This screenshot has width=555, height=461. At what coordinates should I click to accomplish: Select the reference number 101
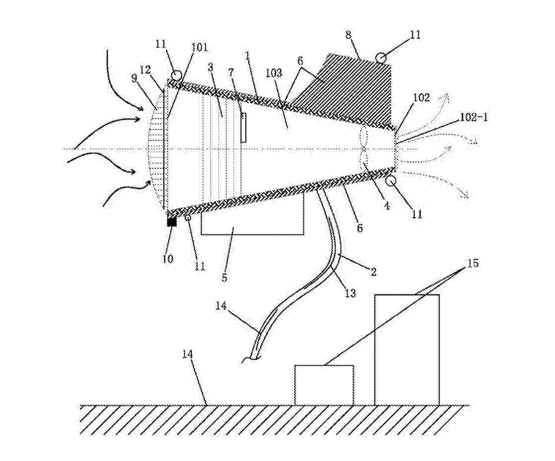200,48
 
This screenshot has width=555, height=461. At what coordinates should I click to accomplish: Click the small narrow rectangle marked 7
243,127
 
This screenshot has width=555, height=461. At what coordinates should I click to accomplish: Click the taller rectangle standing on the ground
407,349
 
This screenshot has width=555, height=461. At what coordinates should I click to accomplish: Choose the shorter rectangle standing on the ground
324,385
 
